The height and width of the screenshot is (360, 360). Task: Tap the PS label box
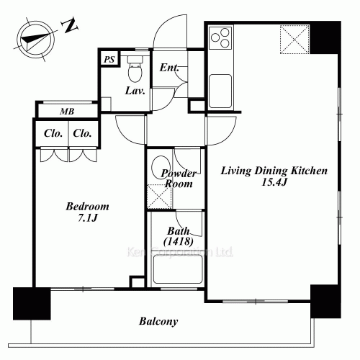(108, 60)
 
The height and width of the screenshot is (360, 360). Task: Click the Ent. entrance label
(169, 68)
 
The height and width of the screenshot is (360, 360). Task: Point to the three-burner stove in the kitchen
(221, 38)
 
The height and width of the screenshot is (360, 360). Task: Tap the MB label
(66, 111)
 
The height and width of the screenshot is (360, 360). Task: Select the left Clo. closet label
(52, 133)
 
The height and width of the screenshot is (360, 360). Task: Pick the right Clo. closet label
(83, 133)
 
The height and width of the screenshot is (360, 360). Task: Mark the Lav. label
(135, 91)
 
